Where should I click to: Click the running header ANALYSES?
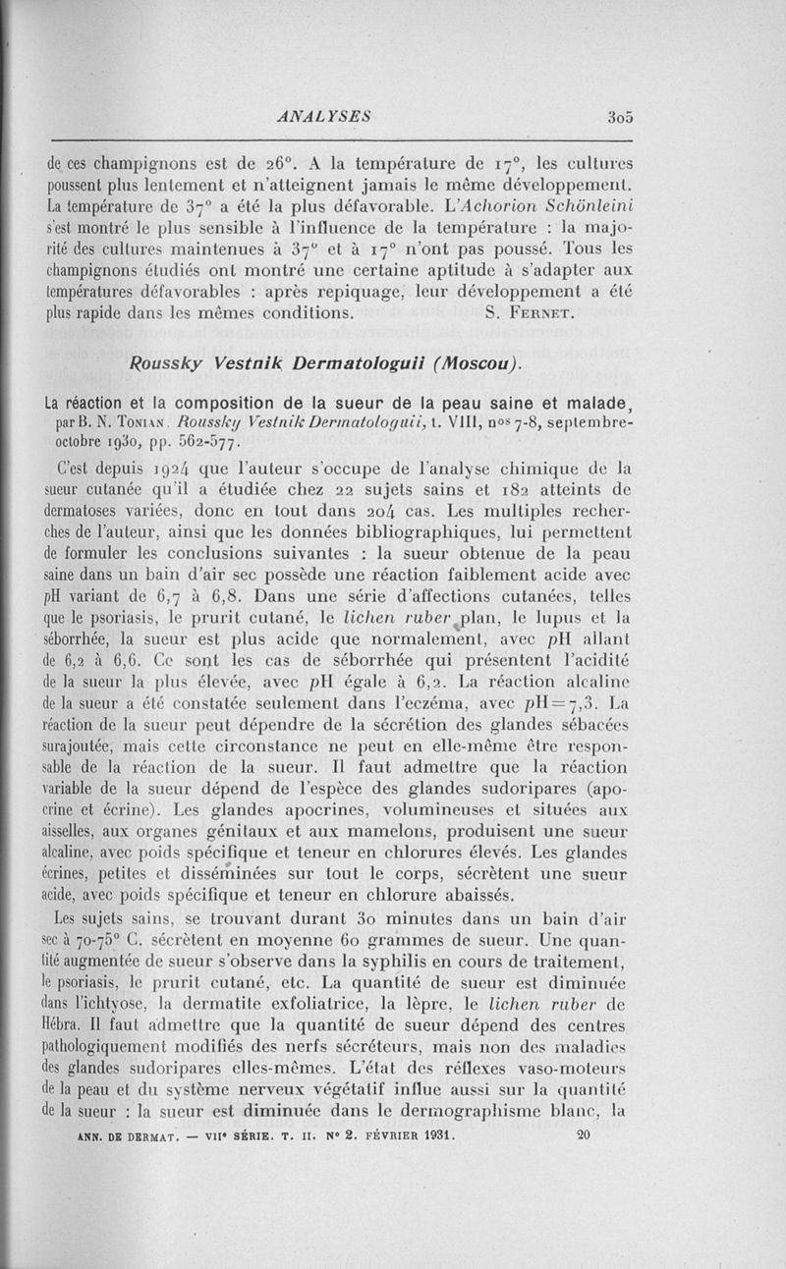[x=324, y=116]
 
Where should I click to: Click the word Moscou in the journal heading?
[x=470, y=365]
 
